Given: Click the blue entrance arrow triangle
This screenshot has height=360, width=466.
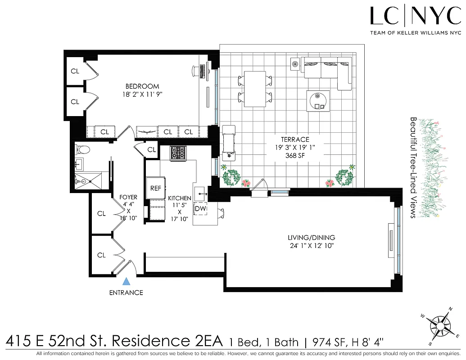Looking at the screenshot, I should coord(127,282).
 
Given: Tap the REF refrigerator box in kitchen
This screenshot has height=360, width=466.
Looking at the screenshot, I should coord(155,188).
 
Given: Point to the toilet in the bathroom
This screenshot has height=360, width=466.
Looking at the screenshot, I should coord(83,150).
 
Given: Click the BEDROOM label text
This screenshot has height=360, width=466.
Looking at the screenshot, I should coord(142,86).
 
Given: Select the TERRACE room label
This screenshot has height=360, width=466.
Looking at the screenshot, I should coord(294,139).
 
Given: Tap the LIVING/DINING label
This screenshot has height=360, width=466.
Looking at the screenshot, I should coord(311,238).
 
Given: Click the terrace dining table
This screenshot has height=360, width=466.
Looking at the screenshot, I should coord(254,89).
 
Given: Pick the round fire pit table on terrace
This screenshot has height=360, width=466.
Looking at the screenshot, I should coord(319,100).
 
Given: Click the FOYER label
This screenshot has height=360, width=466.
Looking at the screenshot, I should coord(128,197).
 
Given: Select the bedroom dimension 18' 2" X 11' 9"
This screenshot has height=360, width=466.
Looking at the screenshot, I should coord(142,94).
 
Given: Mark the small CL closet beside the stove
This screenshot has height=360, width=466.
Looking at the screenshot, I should coord(151,149).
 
